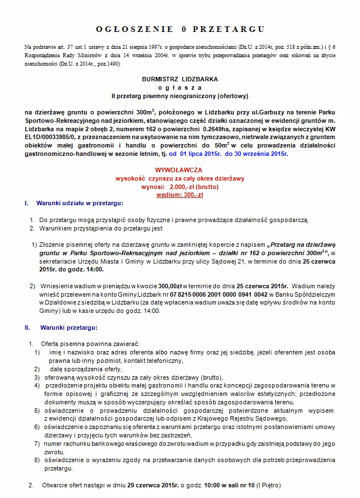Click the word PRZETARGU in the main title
pyautogui.click(x=228, y=28)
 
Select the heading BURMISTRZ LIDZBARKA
pyautogui.click(x=180, y=80)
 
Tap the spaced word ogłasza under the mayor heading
pyautogui.click(x=180, y=88)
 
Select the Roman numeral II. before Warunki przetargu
pyautogui.click(x=27, y=327)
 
